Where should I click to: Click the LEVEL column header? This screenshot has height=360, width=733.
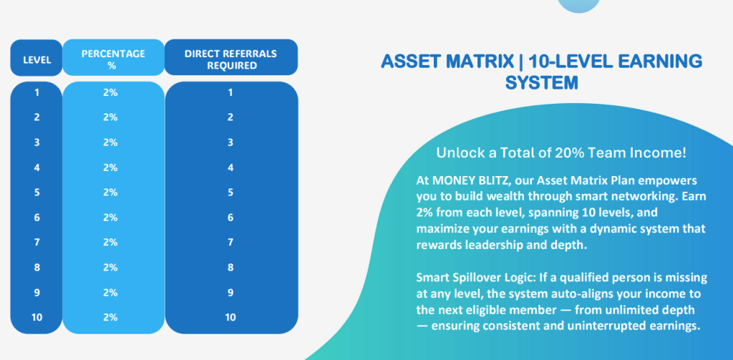tap(37, 60)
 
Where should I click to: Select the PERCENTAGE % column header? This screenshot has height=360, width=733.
tap(113, 59)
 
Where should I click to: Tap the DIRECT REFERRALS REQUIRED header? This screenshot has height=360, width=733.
tap(231, 59)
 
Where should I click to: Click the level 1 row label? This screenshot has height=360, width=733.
tap(37, 92)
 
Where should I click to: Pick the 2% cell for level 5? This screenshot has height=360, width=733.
tap(110, 193)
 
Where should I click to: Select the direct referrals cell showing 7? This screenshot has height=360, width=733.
tap(230, 242)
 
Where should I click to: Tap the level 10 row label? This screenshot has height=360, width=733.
tap(37, 318)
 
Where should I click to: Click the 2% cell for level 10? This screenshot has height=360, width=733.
tap(110, 318)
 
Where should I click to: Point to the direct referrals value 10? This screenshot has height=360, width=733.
tap(230, 318)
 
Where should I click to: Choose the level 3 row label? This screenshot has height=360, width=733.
tap(37, 142)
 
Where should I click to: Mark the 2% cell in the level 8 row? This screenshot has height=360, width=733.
tap(110, 268)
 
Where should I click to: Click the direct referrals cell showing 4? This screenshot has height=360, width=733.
tap(230, 167)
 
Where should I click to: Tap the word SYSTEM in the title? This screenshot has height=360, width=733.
tap(542, 83)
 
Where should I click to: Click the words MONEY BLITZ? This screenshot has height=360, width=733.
tap(475, 180)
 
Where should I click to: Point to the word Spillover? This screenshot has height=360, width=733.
tap(473, 278)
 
